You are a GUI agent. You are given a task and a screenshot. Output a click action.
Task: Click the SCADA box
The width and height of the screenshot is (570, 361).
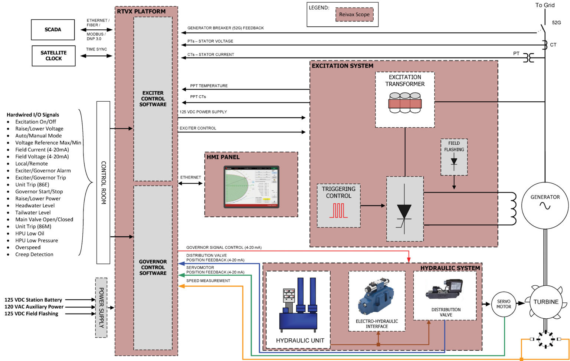click(53, 30)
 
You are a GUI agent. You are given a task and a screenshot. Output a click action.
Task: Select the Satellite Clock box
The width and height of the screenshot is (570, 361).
click(53, 56)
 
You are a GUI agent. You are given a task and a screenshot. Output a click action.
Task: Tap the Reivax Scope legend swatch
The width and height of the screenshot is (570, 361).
click(354, 14)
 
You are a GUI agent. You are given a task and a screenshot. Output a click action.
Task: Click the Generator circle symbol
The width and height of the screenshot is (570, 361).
click(545, 205)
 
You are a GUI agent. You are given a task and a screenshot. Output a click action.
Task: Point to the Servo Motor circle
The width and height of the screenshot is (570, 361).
click(504, 304)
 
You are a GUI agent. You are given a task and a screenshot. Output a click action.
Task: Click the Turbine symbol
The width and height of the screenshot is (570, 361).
click(546, 302)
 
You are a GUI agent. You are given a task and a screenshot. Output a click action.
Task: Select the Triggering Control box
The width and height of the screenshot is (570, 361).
click(338, 205)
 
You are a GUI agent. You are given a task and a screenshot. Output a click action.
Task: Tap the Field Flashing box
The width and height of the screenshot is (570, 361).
click(454, 157)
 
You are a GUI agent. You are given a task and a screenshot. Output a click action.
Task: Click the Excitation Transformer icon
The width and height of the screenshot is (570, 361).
click(404, 103)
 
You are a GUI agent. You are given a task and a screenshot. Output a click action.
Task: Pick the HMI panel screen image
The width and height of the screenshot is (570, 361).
click(251, 187)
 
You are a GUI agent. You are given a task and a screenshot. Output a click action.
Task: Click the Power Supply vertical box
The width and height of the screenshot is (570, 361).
click(101, 308)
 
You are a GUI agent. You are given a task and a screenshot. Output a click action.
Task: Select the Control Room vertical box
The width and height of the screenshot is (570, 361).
click(103, 183)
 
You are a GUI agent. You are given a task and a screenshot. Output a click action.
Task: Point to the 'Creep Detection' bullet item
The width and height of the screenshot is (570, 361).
click(34, 255)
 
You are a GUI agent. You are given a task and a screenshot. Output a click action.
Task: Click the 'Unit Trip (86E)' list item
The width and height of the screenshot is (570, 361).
click(32, 185)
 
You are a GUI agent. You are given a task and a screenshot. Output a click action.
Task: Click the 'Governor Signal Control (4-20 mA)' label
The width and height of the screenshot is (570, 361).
click(224, 247)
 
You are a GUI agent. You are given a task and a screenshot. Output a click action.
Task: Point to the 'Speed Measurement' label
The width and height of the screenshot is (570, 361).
click(208, 281)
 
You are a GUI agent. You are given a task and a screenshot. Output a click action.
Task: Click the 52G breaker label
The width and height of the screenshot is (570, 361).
click(556, 23)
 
